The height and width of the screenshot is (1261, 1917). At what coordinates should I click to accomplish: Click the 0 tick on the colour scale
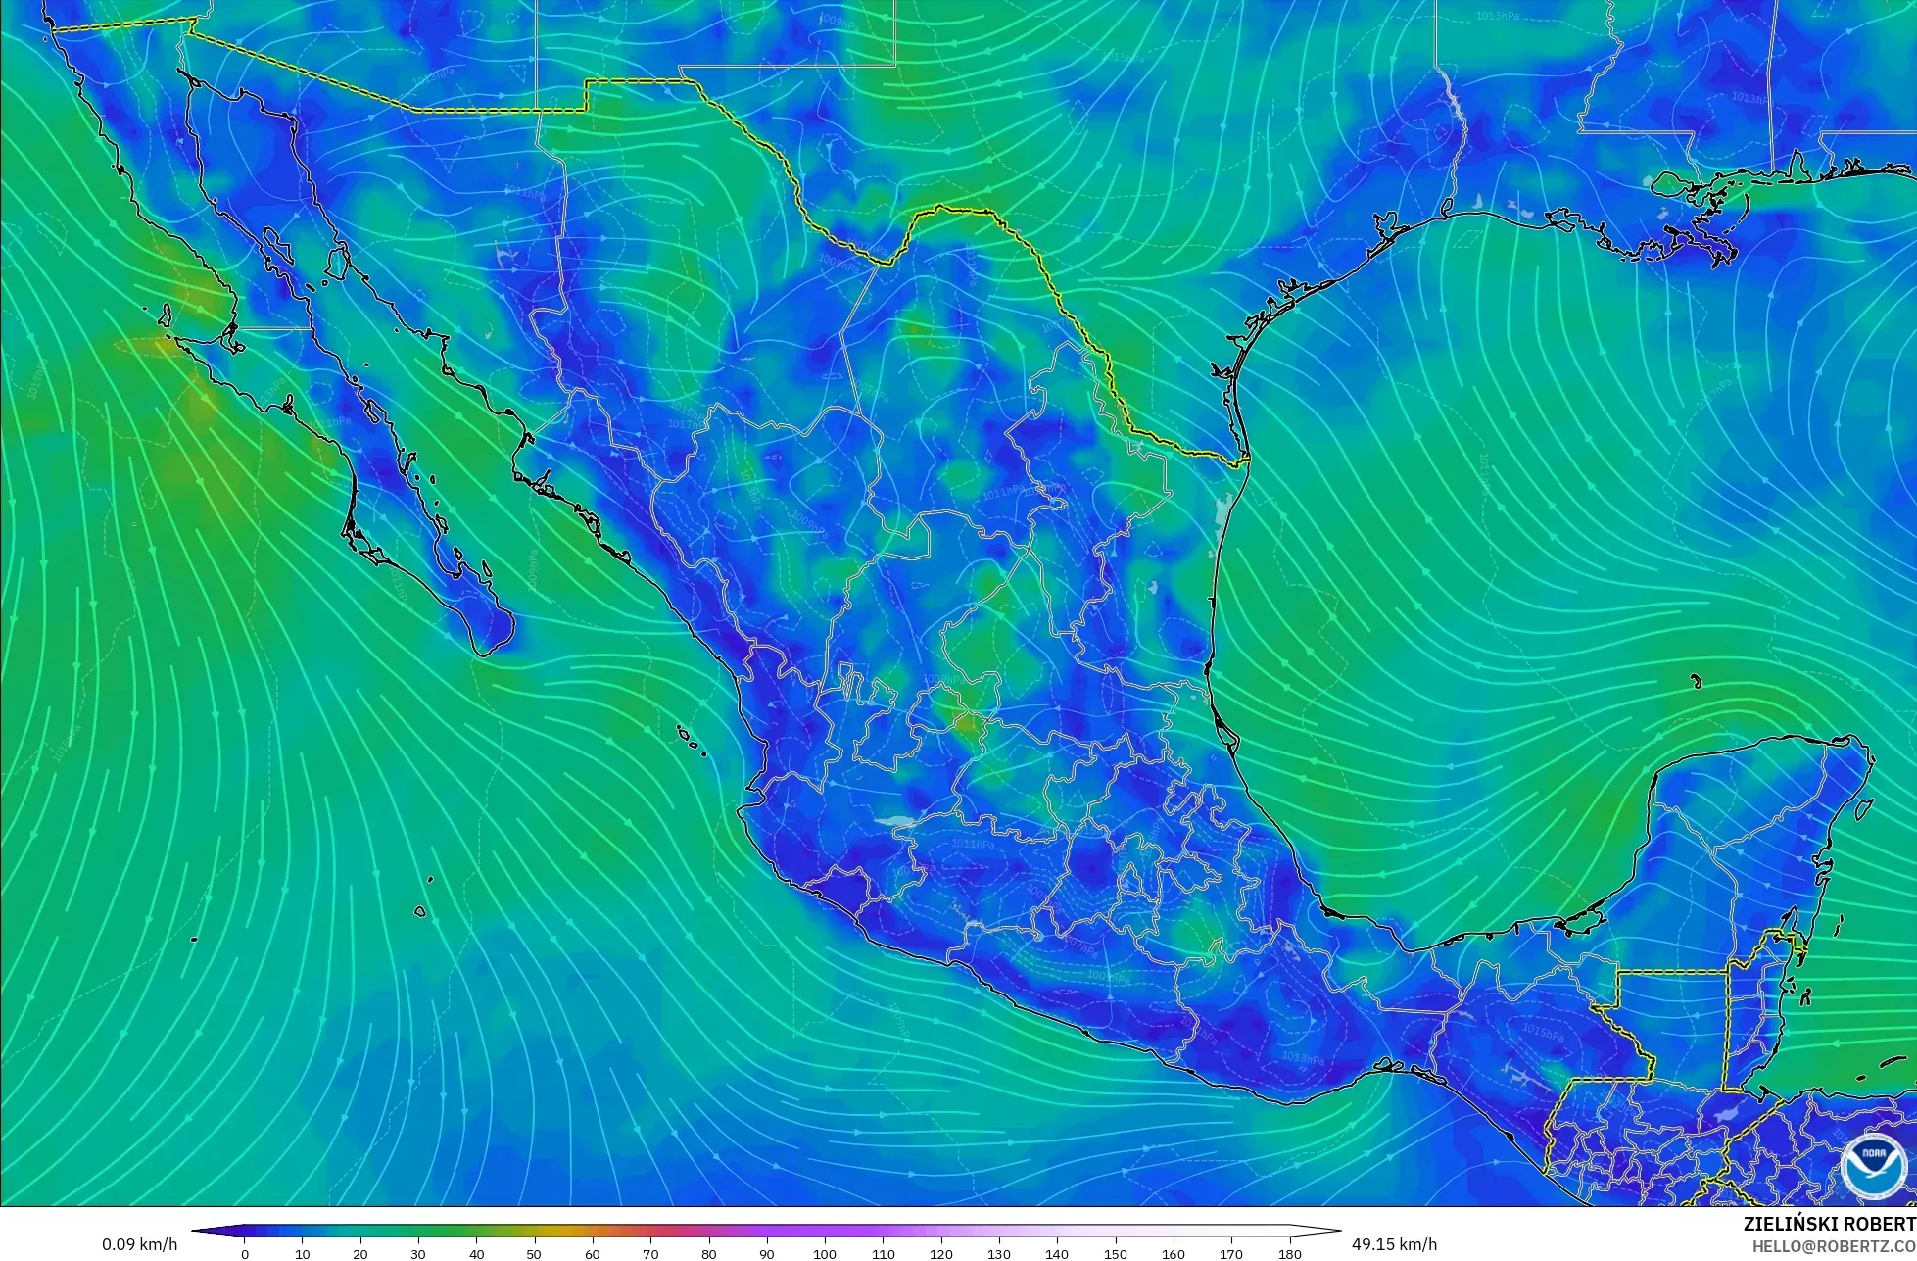[245, 1253]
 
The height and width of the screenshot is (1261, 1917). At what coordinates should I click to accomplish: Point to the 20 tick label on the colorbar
[360, 1254]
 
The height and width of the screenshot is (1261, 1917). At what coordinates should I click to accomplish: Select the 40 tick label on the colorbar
[477, 1254]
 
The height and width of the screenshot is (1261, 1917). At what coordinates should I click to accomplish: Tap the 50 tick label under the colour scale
[535, 1254]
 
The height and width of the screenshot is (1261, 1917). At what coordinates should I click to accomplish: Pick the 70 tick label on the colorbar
[651, 1254]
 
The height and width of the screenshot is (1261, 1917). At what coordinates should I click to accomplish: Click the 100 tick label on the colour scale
[825, 1254]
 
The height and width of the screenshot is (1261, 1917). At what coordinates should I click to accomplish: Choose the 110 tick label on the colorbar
[884, 1254]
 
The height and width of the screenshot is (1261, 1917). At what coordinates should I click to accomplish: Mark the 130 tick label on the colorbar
[999, 1254]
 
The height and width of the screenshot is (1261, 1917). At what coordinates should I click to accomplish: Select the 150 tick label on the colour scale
[1116, 1254]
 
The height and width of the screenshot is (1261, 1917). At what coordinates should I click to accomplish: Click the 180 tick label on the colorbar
[1290, 1254]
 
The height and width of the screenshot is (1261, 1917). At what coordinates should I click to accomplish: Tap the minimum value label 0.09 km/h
[140, 1244]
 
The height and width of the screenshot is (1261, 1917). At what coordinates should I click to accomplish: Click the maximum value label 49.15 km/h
[1395, 1244]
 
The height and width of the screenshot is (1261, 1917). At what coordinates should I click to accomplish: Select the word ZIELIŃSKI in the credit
[1789, 1224]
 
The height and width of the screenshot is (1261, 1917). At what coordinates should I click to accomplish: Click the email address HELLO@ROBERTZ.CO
[1834, 1246]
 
